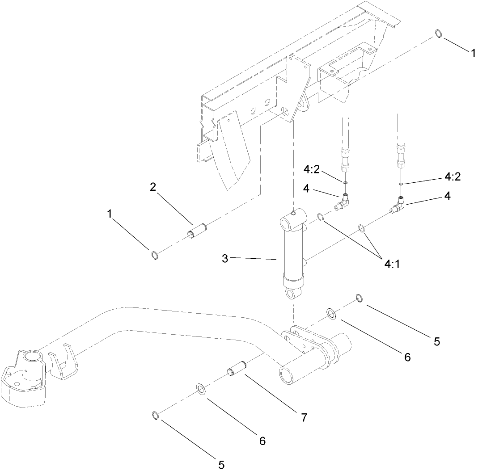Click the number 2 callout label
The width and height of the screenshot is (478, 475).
[x=153, y=187]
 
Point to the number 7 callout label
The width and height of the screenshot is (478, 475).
[x=304, y=418]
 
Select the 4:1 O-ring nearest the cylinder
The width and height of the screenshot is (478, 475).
[x=321, y=218]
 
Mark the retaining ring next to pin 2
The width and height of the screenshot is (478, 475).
[x=155, y=255]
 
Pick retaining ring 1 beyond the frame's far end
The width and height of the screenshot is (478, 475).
[x=439, y=34]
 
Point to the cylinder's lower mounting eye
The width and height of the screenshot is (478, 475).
[x=293, y=294]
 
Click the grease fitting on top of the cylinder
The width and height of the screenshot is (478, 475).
[x=292, y=213]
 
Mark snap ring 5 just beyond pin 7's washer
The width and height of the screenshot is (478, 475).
[x=155, y=416]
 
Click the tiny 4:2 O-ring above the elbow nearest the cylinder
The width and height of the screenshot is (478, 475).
[x=345, y=182]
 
